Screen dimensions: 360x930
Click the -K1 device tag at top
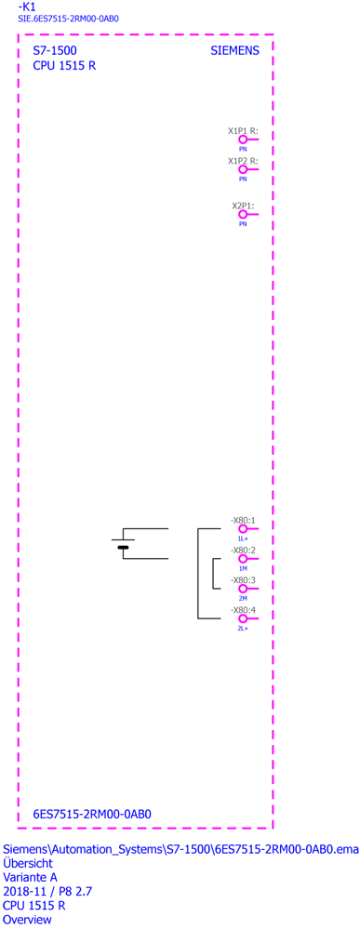[x=27, y=7]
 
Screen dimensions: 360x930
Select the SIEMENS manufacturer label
[x=234, y=51]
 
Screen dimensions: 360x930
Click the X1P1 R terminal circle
[x=242, y=139]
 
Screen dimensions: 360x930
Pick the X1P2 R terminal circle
[x=242, y=168]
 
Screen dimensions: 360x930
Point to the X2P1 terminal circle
[x=242, y=214]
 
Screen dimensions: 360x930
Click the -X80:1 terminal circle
[x=242, y=528]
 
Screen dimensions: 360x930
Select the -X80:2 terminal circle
[x=242, y=558]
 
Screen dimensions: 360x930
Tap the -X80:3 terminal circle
[x=242, y=589]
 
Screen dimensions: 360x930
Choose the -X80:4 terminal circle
[x=242, y=618]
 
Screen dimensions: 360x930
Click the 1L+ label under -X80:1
[x=243, y=538]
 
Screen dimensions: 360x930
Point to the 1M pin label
[x=243, y=568]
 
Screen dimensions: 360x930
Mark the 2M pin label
[x=243, y=598]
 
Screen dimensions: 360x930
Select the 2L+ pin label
[x=243, y=628]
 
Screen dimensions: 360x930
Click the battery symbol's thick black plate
[x=123, y=548]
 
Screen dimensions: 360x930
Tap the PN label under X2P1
[x=243, y=224]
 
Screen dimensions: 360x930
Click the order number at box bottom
[x=92, y=814]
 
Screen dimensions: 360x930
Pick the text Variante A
[x=28, y=877]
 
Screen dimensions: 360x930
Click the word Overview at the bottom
[x=27, y=920]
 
